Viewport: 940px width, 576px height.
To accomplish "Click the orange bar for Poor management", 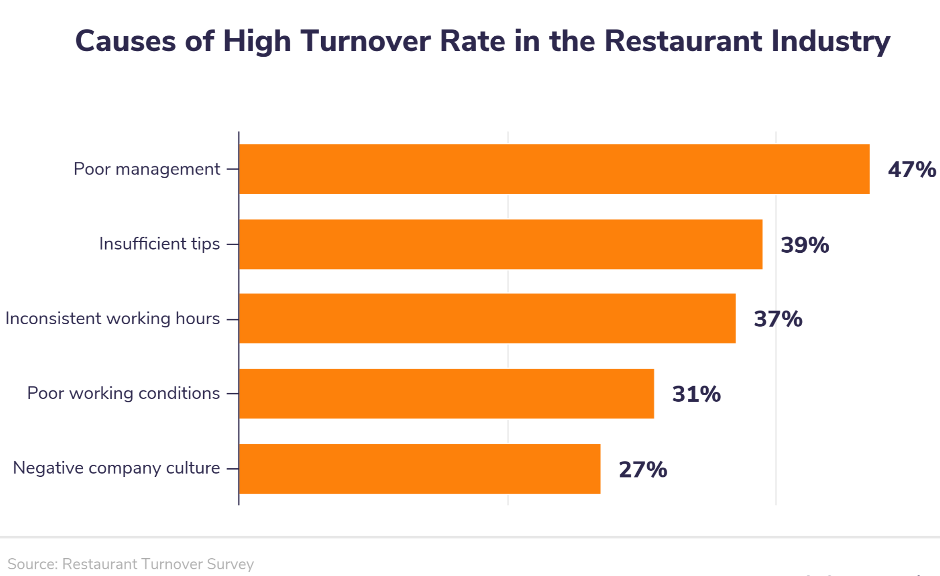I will [554, 169].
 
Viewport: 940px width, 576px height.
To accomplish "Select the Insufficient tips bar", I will [500, 244].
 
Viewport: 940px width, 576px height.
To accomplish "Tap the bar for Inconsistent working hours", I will [487, 319].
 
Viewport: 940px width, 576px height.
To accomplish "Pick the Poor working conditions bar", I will [446, 394].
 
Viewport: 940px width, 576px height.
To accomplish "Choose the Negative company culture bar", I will [419, 469].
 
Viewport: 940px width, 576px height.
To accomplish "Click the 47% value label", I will [911, 170].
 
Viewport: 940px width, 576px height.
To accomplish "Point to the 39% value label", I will [804, 245].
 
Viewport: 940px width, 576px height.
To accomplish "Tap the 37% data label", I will [778, 319].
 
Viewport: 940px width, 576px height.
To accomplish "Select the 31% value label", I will [696, 394].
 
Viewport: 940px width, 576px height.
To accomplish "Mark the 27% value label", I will [642, 469].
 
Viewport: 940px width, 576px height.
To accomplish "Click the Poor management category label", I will [147, 169].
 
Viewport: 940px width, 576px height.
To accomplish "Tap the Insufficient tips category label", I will [159, 244].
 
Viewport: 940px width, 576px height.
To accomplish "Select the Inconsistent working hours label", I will [112, 319].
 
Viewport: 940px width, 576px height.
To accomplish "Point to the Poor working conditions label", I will [123, 393].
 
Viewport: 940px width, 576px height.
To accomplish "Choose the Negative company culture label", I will [116, 468].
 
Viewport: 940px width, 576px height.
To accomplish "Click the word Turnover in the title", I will [365, 41].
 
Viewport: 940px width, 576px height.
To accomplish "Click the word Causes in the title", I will [125, 41].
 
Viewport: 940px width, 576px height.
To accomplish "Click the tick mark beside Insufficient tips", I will [232, 244].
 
